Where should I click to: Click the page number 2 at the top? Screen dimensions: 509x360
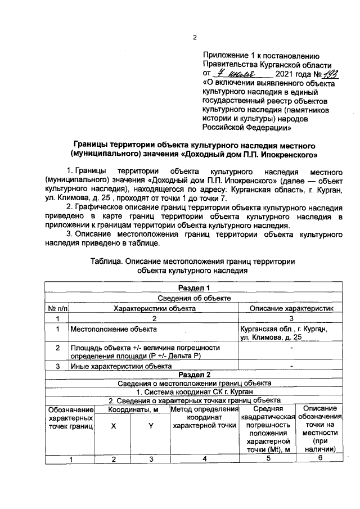(x=195, y=38)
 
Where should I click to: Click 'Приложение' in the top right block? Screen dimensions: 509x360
(x=224, y=56)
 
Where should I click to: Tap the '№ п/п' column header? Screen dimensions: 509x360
(x=56, y=308)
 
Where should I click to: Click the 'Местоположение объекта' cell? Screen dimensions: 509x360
(x=113, y=328)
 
